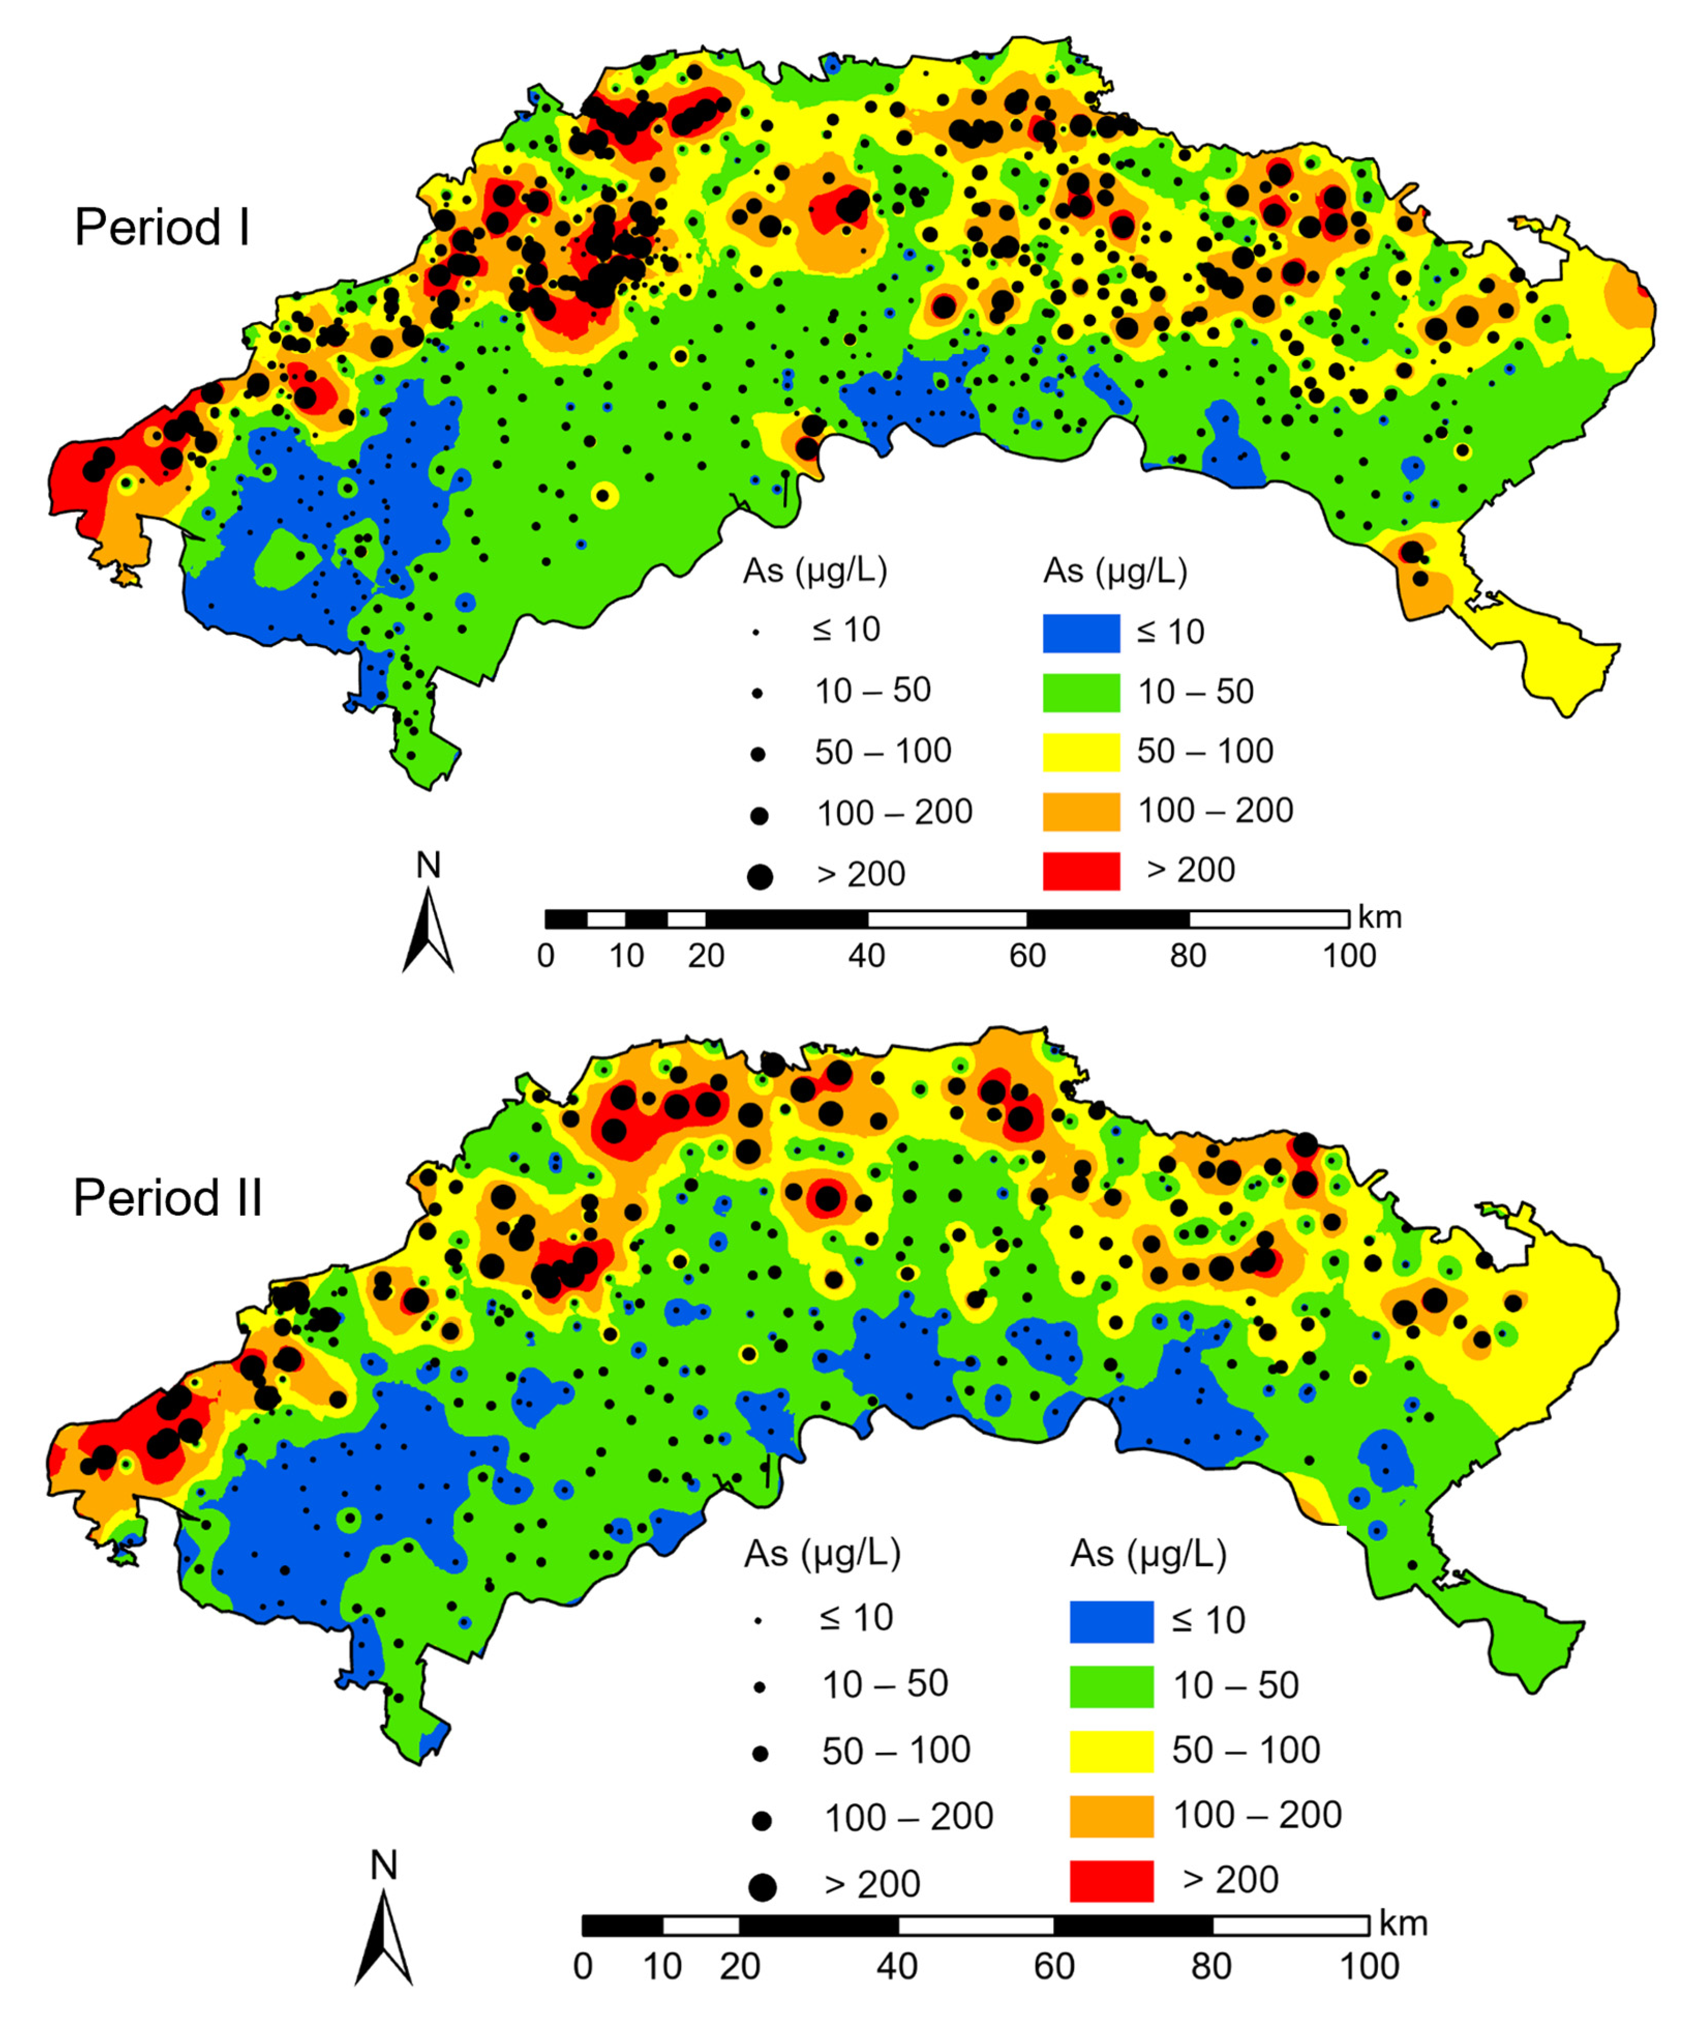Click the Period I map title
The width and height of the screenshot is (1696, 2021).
(x=162, y=228)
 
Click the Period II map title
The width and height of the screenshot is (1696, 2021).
(x=168, y=1198)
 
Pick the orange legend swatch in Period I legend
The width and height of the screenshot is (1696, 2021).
(x=1081, y=812)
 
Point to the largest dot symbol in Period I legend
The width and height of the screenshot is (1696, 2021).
(x=760, y=876)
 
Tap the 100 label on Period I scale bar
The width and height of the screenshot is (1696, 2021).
(x=1349, y=956)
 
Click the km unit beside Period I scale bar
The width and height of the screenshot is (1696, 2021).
(x=1380, y=917)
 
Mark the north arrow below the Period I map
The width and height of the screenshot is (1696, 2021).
(x=428, y=931)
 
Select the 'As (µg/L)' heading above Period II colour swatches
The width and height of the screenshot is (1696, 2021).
(x=1148, y=1553)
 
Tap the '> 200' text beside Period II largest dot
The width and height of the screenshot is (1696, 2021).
(x=872, y=1884)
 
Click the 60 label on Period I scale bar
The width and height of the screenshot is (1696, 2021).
(x=1027, y=956)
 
